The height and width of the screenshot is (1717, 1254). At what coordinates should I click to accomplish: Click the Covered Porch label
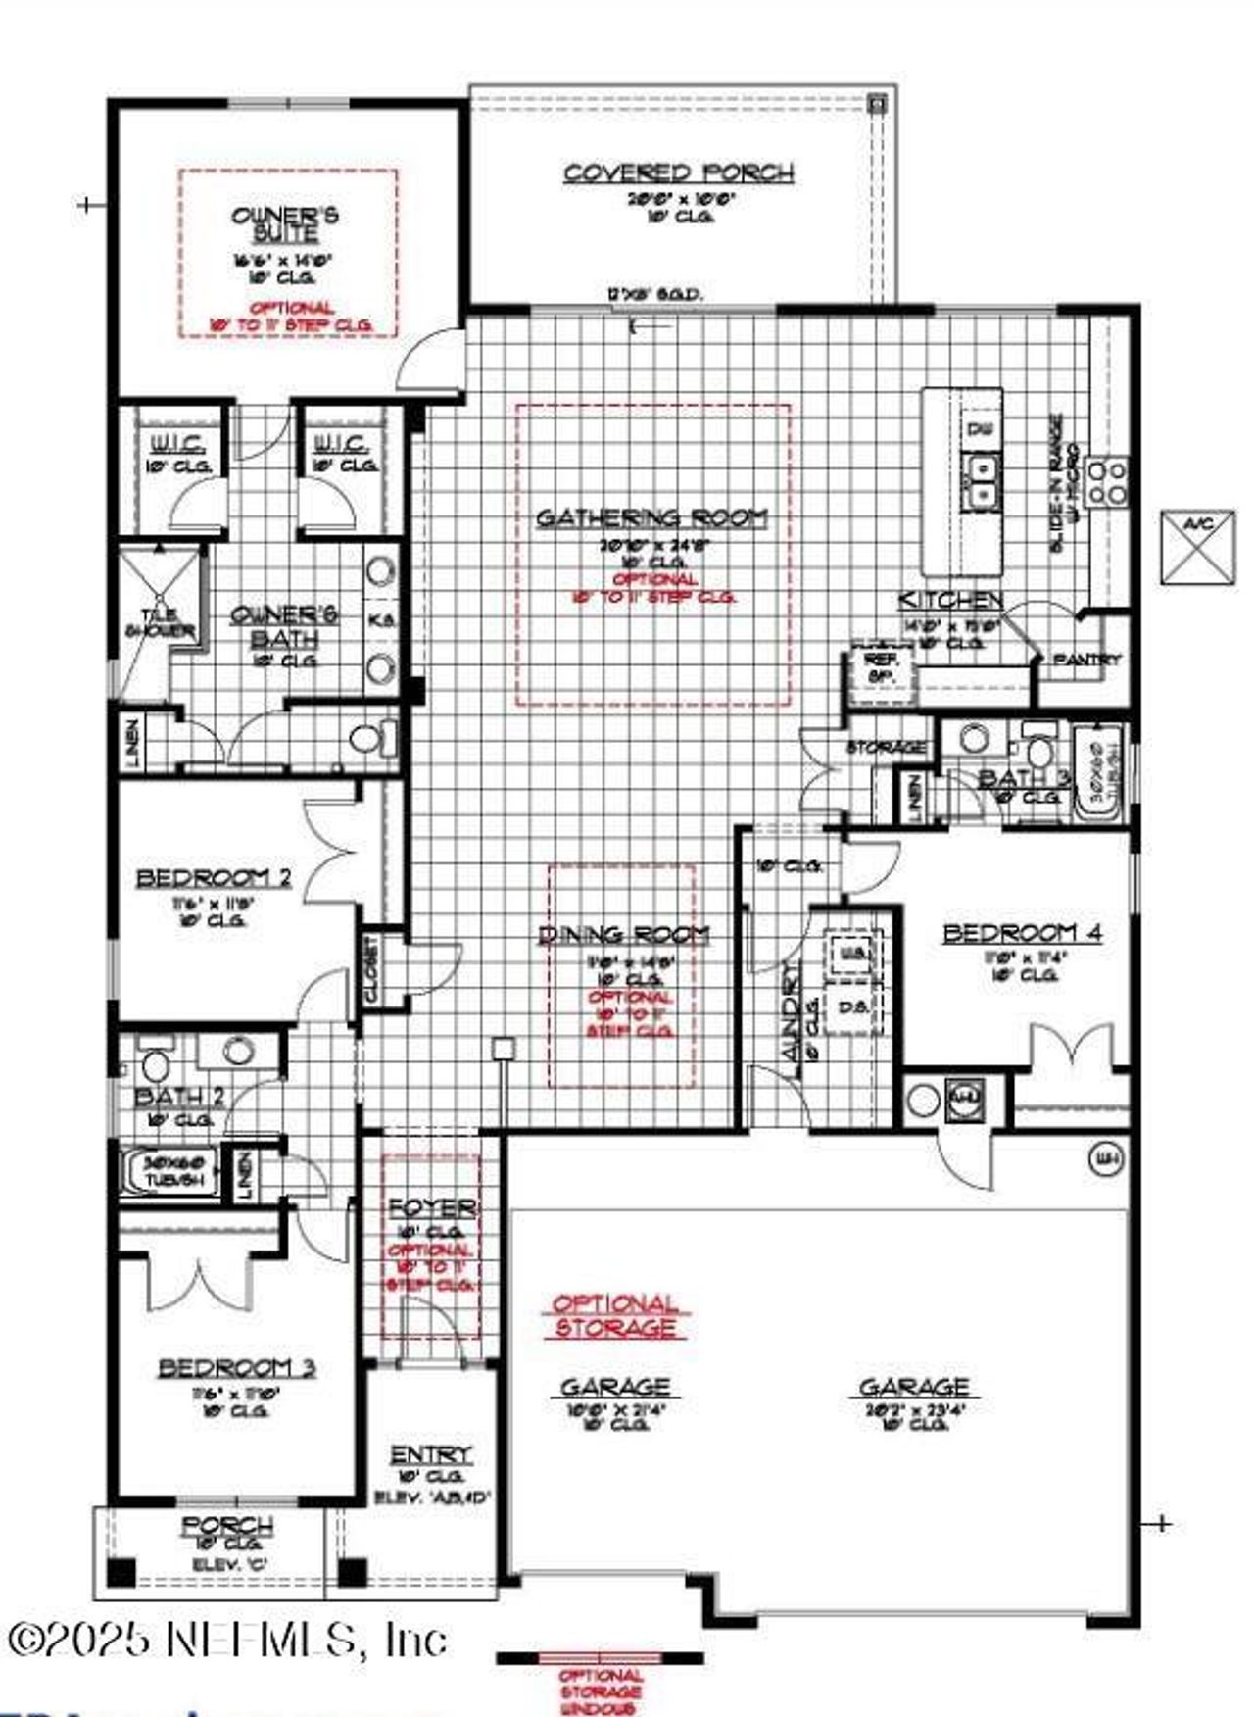678,173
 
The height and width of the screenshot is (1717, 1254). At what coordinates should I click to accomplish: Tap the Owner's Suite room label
285,223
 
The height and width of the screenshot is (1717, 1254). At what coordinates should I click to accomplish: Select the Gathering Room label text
651,517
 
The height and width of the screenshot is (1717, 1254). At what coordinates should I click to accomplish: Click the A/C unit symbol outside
1198,548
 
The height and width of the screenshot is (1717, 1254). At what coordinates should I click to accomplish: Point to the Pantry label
1086,661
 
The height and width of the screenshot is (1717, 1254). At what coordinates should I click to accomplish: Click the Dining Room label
624,935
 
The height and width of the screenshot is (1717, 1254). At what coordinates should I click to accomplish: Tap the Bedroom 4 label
1022,933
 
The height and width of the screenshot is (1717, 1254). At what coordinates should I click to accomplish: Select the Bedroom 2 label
214,877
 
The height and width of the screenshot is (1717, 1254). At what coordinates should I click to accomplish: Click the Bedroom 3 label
236,1367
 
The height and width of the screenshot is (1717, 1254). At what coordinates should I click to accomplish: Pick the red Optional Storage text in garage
614,1316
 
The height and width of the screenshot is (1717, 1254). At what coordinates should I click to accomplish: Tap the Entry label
430,1454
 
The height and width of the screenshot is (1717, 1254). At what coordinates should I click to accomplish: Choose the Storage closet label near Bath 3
886,748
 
